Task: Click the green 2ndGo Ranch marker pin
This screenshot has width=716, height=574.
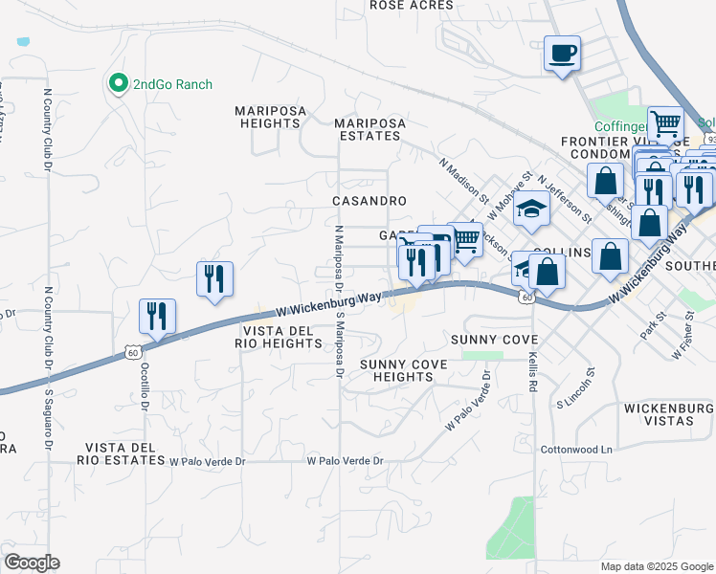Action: pyautogui.click(x=119, y=83)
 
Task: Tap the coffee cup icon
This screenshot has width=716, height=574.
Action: pyautogui.click(x=562, y=52)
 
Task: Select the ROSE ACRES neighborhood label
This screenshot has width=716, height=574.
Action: pyautogui.click(x=411, y=6)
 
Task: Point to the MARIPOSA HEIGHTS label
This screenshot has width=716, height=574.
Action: pyautogui.click(x=268, y=118)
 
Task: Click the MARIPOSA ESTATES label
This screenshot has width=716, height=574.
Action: pyautogui.click(x=369, y=129)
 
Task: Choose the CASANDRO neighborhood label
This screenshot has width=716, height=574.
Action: pyautogui.click(x=369, y=201)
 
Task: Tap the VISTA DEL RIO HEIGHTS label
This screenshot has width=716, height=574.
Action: pyautogui.click(x=276, y=337)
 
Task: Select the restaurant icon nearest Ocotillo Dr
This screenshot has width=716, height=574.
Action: pyautogui.click(x=156, y=316)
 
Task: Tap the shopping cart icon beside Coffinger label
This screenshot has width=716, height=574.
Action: pyautogui.click(x=665, y=122)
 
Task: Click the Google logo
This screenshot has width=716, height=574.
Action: pyautogui.click(x=31, y=563)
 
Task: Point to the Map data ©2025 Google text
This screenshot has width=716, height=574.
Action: pyautogui.click(x=657, y=566)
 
